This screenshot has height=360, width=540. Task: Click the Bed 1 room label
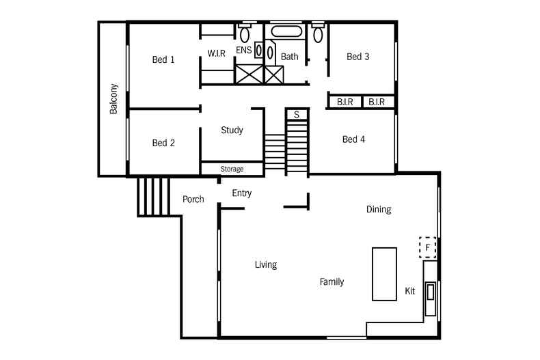point(163,59)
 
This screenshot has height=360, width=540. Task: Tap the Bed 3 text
point(357,57)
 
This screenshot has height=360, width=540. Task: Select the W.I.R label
point(217,53)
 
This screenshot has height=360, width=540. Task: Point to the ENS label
point(243,51)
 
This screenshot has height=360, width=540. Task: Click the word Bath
point(289,57)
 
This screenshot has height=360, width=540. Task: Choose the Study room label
point(232,130)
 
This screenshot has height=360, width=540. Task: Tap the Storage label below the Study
point(232,169)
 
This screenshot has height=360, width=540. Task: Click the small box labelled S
point(297,115)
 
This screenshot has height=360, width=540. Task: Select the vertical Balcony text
point(113,99)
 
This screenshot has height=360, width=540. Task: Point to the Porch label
point(193,199)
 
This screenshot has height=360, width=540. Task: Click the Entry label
point(241,193)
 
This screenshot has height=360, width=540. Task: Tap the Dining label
point(379,210)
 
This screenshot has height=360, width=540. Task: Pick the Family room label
point(332,281)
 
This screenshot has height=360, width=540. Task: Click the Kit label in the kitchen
point(409,291)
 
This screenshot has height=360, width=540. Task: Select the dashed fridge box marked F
point(427,247)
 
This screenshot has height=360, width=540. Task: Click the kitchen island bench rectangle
point(384,273)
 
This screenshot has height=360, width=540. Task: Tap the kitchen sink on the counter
point(431,292)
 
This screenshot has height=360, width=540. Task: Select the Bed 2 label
point(163,143)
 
